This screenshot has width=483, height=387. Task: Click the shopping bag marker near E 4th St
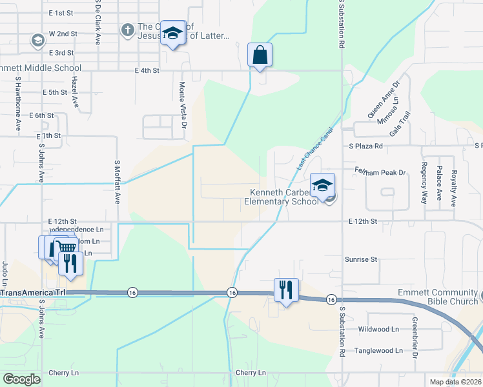(260, 55)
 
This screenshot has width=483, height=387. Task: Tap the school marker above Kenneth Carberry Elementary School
(322, 185)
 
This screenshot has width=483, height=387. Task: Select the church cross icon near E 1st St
(127, 30)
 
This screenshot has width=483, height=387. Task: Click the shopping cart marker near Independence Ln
(65, 247)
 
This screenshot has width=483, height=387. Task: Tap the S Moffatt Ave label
(118, 182)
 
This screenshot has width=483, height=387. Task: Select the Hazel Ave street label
(75, 92)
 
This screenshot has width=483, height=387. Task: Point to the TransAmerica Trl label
(33, 292)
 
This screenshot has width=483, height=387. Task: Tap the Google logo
(21, 379)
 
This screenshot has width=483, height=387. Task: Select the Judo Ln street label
(5, 273)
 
